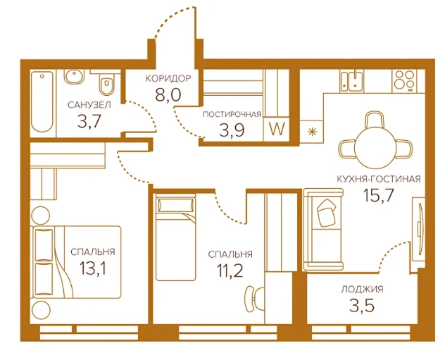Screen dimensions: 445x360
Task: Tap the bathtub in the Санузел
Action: pyautogui.click(x=42, y=101)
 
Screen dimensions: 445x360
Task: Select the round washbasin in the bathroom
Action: pyautogui.click(x=75, y=77)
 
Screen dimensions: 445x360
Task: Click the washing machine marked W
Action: pyautogui.click(x=277, y=130)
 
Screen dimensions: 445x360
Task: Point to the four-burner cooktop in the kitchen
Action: pyautogui.click(x=405, y=80)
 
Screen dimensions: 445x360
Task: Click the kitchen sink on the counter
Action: pyautogui.click(x=352, y=81)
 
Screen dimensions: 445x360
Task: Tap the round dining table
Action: pyautogui.click(x=375, y=148)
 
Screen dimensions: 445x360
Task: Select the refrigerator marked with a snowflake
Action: pyautogui.click(x=312, y=132)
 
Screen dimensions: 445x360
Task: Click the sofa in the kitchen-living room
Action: pyautogui.click(x=323, y=229)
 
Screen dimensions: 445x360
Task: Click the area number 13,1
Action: pyautogui.click(x=93, y=268)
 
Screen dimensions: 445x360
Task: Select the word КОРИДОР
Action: pyautogui.click(x=168, y=78)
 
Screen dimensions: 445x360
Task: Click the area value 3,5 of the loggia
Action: pyautogui.click(x=362, y=305)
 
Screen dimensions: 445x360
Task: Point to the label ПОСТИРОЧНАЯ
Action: pyautogui.click(x=232, y=114)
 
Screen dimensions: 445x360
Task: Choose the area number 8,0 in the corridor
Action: pyautogui.click(x=168, y=94)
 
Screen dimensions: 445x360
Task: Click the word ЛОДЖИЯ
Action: pyautogui.click(x=362, y=290)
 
